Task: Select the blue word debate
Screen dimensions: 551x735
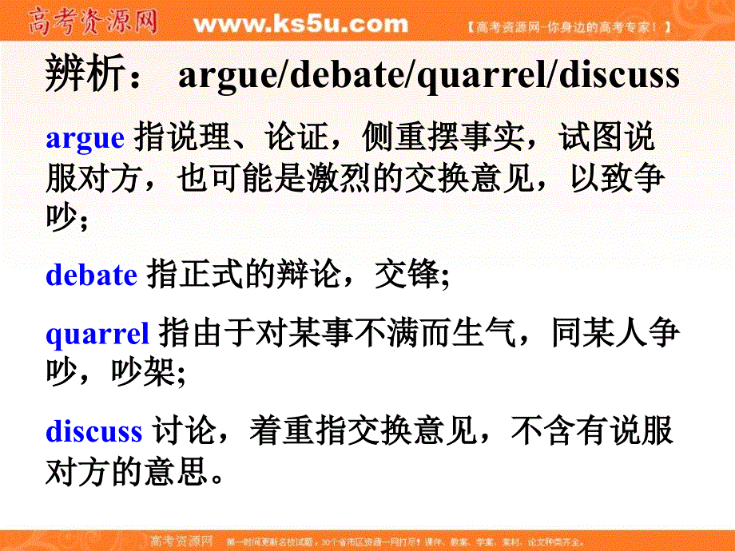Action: [92, 275]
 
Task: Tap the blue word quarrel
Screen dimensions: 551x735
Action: [97, 333]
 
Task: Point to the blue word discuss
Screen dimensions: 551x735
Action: [93, 431]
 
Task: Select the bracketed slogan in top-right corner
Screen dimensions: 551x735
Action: [568, 27]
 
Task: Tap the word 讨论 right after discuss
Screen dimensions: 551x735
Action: [181, 431]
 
